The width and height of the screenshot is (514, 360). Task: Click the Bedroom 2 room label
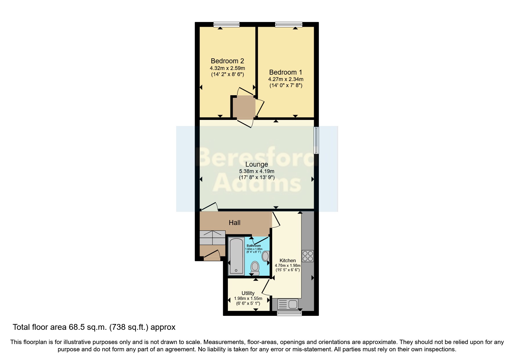(x=227, y=61)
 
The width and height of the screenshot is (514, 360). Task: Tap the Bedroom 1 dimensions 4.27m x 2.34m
(x=286, y=79)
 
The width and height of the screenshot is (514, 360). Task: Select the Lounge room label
(x=257, y=164)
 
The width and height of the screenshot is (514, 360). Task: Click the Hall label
(x=235, y=223)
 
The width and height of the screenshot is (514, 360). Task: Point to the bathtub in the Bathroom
(x=236, y=256)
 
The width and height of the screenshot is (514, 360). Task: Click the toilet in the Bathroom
(x=255, y=268)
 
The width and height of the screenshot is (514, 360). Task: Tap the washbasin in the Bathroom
(x=265, y=256)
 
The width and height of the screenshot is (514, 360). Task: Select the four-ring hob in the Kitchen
(x=308, y=256)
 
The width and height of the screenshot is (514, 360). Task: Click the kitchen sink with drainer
(x=288, y=304)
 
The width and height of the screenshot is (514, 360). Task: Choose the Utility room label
(x=248, y=293)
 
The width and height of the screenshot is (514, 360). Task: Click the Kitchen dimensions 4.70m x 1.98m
(x=288, y=265)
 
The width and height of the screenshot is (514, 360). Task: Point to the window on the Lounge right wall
(x=317, y=140)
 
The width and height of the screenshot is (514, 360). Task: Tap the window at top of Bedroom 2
(x=226, y=25)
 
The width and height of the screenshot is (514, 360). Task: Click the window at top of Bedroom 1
(x=288, y=25)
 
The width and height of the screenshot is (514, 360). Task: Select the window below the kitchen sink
(x=289, y=314)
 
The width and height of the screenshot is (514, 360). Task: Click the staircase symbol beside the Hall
(x=212, y=238)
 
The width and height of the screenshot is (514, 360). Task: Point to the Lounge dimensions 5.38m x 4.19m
(x=257, y=171)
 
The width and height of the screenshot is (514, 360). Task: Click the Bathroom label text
(x=254, y=246)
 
